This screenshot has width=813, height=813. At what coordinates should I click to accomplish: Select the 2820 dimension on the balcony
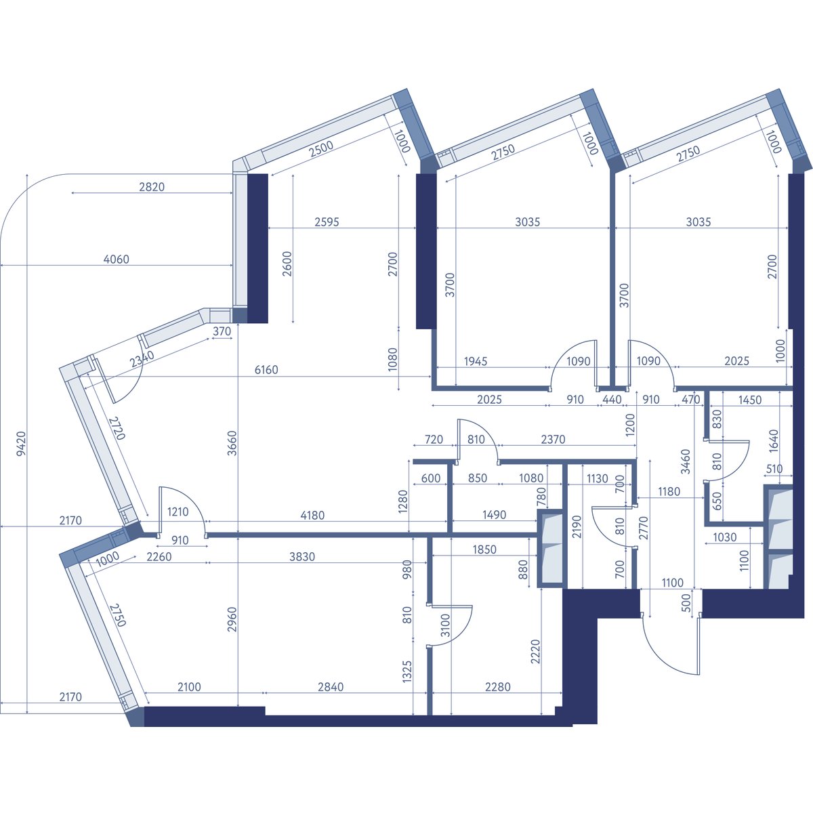pyautogui.click(x=152, y=186)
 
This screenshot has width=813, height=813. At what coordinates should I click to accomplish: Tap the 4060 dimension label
pyautogui.click(x=116, y=259)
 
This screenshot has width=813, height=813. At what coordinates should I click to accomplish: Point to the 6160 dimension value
pyautogui.click(x=266, y=370)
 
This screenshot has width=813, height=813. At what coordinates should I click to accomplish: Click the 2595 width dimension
pyautogui.click(x=327, y=222)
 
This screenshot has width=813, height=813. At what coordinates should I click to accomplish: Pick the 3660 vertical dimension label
pyautogui.click(x=232, y=443)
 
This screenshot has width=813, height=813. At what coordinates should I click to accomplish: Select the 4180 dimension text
pyautogui.click(x=312, y=515)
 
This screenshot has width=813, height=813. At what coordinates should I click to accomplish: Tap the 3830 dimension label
pyautogui.click(x=302, y=556)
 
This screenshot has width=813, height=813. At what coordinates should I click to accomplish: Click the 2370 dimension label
pyautogui.click(x=553, y=439)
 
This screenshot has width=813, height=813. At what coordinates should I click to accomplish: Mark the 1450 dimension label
pyautogui.click(x=750, y=399)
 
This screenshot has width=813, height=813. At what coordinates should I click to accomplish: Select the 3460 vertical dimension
pyautogui.click(x=686, y=461)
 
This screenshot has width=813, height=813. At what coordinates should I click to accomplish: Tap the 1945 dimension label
pyautogui.click(x=476, y=361)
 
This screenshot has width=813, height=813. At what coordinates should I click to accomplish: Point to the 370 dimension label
pyautogui.click(x=222, y=331)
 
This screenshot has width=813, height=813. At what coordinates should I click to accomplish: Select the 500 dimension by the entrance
pyautogui.click(x=687, y=604)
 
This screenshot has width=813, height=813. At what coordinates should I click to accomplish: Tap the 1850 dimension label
pyautogui.click(x=484, y=549)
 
